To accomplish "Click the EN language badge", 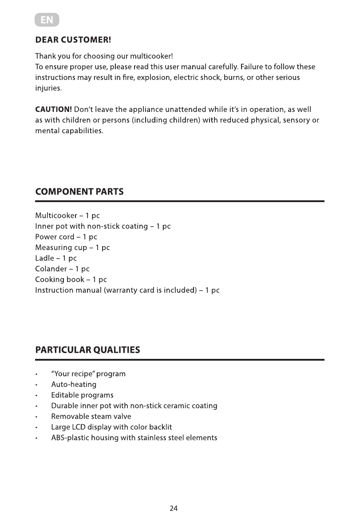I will coord(47,20).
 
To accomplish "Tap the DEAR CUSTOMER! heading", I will coord(73,40).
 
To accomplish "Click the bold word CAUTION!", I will coord(54,110).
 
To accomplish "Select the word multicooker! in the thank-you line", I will coord(151,56).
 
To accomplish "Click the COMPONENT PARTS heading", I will coord(79,192).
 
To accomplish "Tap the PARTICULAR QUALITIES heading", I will coord(87,350).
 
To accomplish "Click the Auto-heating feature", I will coord(74,385).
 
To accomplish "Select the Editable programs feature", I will coord(82,395).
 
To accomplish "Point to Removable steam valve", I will coord(91,417).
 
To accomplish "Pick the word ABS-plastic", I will coord(70,438).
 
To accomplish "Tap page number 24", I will coord(174,509).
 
